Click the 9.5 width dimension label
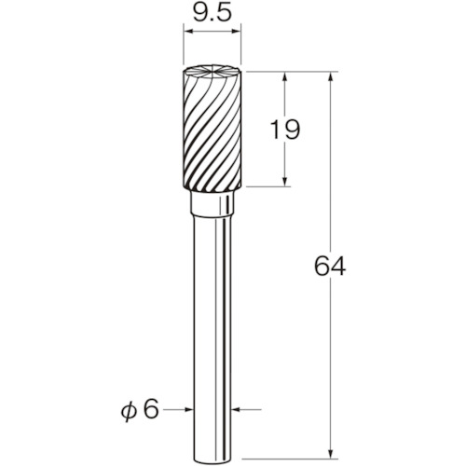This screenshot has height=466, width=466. coord(212,14)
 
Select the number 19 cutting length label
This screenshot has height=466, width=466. coord(285,130)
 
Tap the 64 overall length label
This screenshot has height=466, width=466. coord(330,266)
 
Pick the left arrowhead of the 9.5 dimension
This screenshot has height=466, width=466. coord(187,31)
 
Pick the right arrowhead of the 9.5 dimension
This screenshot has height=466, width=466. coord(237,31)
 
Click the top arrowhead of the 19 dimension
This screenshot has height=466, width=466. coord(285,76)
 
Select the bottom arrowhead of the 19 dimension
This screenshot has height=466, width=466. coord(285,182)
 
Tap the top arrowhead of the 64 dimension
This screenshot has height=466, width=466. coord(331,76)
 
